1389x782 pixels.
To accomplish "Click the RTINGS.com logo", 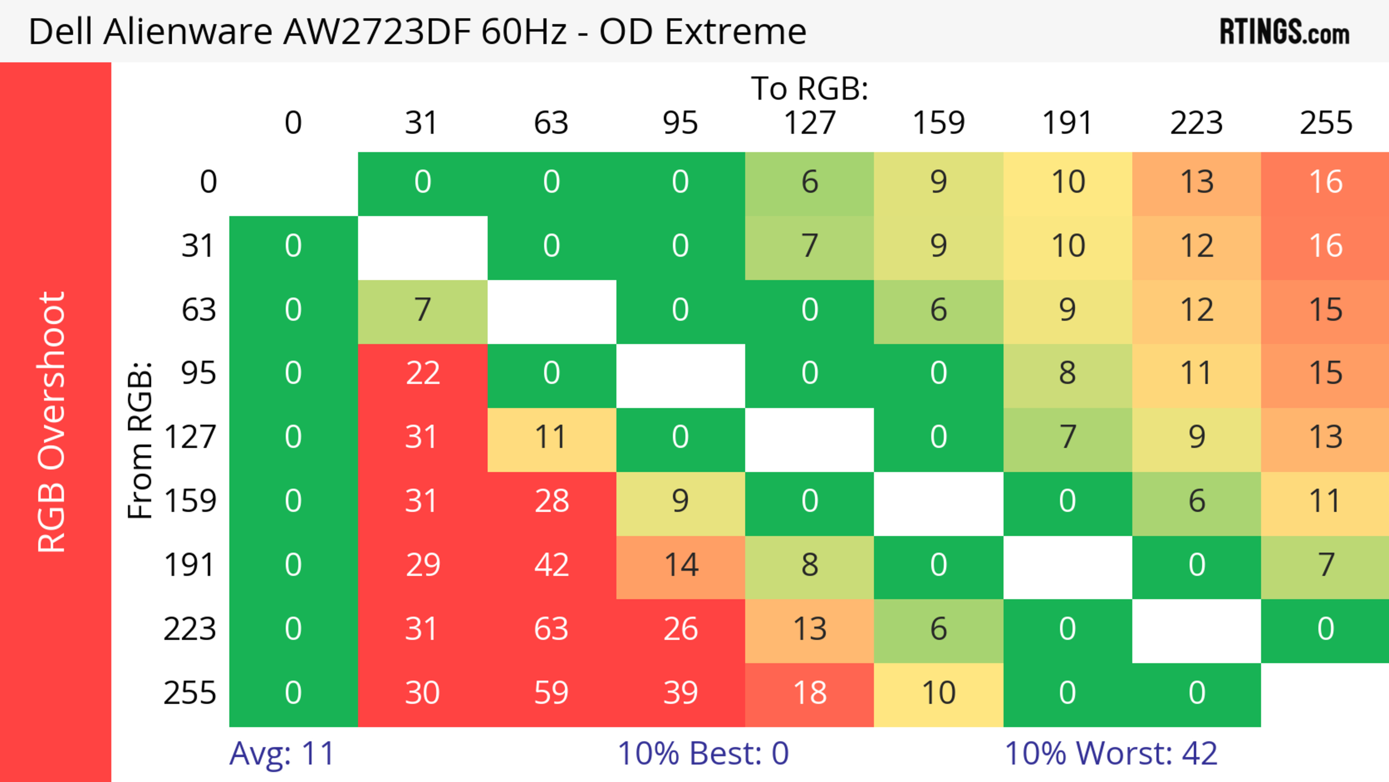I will (1284, 31).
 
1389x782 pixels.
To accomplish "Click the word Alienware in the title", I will (188, 31).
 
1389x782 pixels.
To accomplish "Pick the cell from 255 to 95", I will (680, 693).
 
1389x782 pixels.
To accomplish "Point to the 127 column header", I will (810, 123).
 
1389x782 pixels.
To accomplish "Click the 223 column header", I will (1197, 123).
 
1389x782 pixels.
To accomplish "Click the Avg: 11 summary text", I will (281, 753).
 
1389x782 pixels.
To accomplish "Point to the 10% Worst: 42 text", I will (1111, 753).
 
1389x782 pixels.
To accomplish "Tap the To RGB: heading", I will (810, 88).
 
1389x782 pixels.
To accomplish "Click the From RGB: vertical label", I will (140, 440).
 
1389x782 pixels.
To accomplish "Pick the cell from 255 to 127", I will (810, 693).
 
